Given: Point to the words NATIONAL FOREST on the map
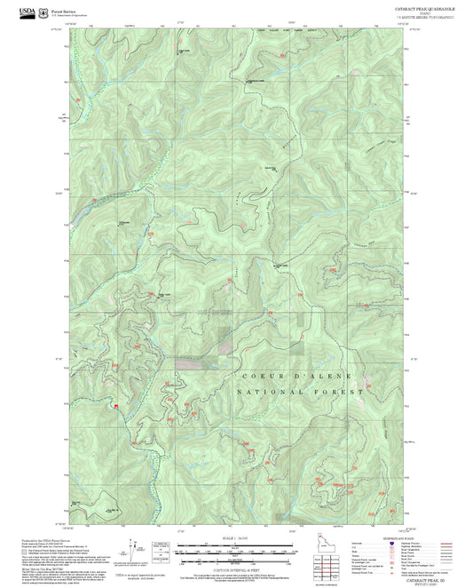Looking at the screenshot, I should point(302,391).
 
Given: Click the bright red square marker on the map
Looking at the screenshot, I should point(116,406).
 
